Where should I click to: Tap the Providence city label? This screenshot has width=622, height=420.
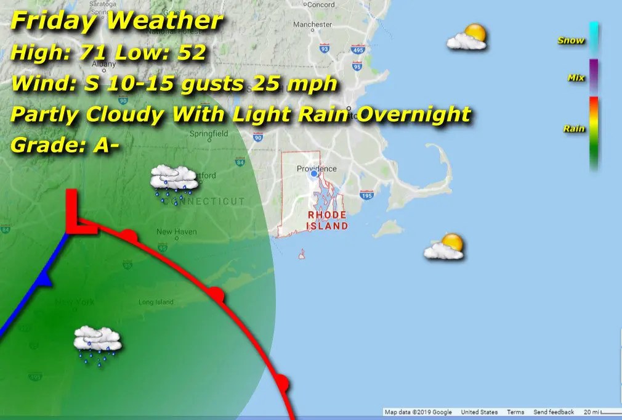[317, 168]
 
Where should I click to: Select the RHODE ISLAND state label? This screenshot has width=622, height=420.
[327, 220]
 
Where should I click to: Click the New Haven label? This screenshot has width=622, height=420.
[176, 232]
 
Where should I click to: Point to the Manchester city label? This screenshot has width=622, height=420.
[312, 25]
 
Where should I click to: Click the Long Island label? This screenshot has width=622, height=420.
[153, 302]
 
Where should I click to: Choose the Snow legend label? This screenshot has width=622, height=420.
[570, 41]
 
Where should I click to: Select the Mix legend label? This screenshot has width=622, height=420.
[576, 78]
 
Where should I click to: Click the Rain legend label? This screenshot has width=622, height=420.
[573, 129]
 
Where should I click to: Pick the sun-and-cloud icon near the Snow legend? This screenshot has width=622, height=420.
[467, 37]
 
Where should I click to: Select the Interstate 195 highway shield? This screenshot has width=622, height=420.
[366, 196]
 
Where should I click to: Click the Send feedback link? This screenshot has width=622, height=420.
[554, 412]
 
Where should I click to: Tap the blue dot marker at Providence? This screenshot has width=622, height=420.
[314, 175]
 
